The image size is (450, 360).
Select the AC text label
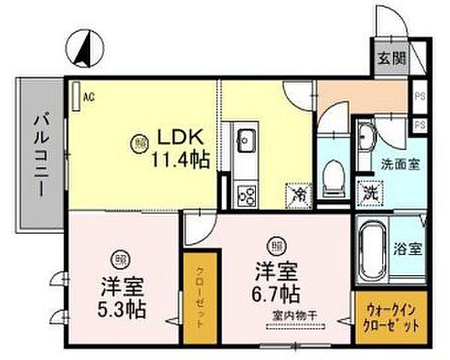(89, 95)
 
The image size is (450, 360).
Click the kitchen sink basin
(246, 139)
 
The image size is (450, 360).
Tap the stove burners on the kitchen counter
(246, 195)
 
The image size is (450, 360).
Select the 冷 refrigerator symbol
(298, 193)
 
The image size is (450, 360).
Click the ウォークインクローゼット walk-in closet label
(392, 318)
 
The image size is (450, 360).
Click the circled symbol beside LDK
(141, 141)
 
